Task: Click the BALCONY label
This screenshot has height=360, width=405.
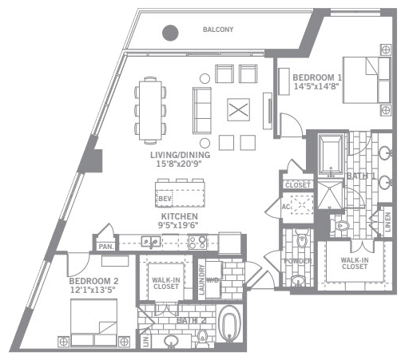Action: tap(218, 30)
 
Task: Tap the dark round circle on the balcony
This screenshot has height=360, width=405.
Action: tap(170, 33)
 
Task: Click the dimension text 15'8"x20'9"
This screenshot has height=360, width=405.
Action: tap(180, 163)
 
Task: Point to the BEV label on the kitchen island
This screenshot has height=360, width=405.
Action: tap(165, 198)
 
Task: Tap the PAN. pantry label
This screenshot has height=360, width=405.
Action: tap(105, 247)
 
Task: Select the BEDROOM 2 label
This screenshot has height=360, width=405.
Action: tap(93, 281)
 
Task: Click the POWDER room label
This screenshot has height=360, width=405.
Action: tap(297, 262)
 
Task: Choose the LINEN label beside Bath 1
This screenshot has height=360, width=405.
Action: tap(387, 220)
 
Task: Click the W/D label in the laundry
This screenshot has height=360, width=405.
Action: tap(213, 279)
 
